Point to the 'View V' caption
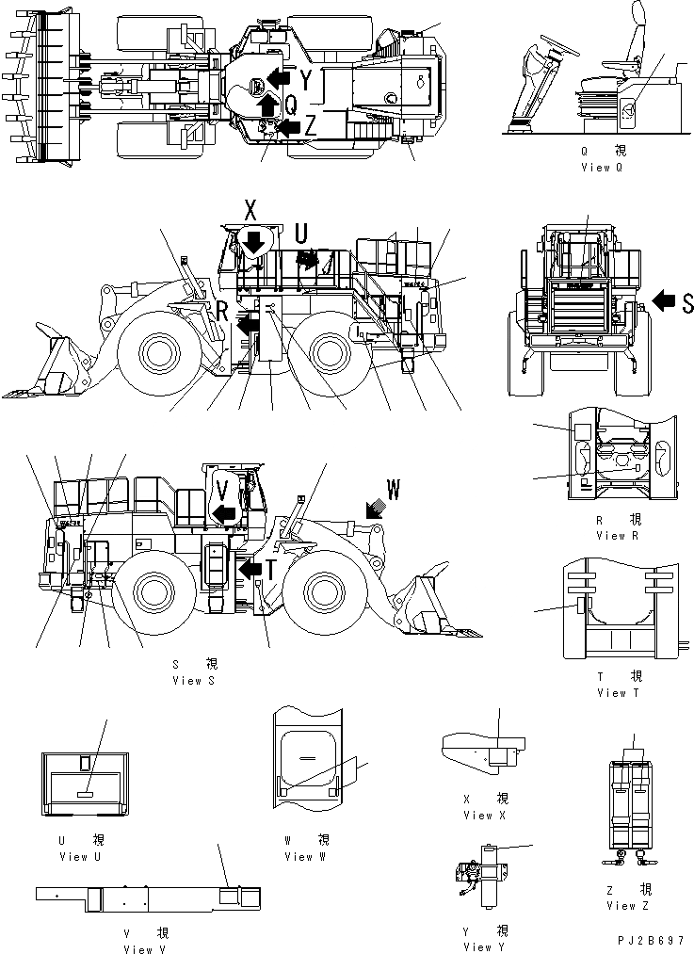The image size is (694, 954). pos(144,949)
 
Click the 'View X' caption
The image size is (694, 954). pos(485,815)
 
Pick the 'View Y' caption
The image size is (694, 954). pos(485,946)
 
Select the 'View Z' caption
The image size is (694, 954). pos(621,905)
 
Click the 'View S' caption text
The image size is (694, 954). pos(193,680)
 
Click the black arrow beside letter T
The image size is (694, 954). pos(250,570)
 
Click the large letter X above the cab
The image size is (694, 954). pos(250,211)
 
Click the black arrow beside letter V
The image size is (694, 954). pos(222,512)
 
